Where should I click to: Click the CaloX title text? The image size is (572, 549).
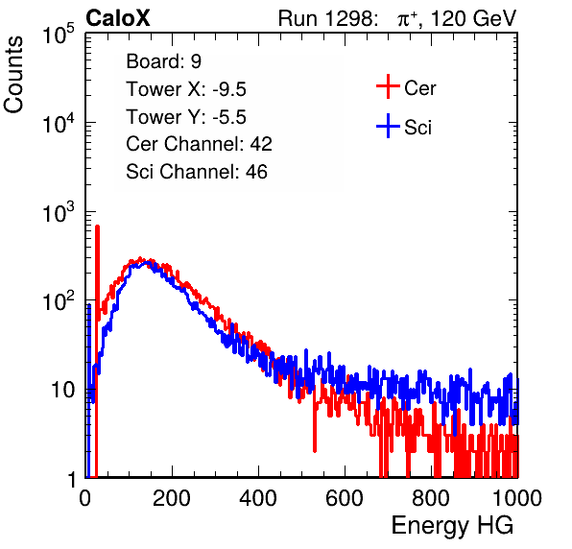click(x=117, y=18)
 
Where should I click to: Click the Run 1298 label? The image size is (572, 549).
click(x=327, y=18)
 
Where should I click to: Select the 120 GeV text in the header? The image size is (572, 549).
click(x=473, y=18)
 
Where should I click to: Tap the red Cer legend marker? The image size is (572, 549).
click(x=388, y=86)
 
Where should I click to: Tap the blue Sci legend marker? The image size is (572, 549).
click(x=388, y=126)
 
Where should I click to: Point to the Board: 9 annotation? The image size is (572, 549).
click(x=163, y=61)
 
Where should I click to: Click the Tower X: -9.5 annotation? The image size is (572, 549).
click(x=186, y=89)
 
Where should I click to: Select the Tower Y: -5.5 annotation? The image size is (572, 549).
click(x=186, y=117)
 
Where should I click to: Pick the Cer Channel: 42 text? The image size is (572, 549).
click(x=199, y=144)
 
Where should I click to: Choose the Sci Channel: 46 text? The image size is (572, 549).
click(x=197, y=172)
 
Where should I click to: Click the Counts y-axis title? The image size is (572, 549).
click(x=13, y=75)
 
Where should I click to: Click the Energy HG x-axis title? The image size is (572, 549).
click(x=452, y=526)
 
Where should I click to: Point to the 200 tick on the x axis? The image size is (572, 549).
click(x=172, y=498)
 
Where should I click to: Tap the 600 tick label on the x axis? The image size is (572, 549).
click(x=345, y=498)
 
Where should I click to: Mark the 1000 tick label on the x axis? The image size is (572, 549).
click(x=517, y=498)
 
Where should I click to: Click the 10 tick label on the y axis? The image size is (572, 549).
click(x=63, y=390)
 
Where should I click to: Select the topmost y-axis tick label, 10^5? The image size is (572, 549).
click(x=59, y=35)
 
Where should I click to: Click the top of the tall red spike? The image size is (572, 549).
click(x=97, y=227)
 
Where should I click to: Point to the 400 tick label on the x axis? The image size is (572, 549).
click(x=258, y=498)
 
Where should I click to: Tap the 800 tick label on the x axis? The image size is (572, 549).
click(x=431, y=498)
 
